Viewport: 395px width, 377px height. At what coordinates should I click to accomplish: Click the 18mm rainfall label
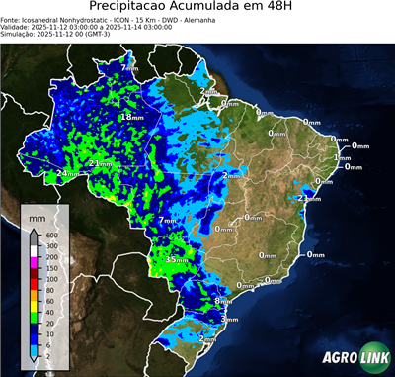(x=131, y=117)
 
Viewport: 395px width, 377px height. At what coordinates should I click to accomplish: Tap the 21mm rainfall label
(x=100, y=163)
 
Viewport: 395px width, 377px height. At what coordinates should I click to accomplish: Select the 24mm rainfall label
(x=66, y=174)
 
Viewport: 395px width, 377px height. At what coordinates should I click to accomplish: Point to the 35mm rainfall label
(x=176, y=259)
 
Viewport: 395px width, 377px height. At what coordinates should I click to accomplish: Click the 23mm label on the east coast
(x=309, y=198)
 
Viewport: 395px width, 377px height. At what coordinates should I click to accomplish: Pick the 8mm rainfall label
(x=223, y=301)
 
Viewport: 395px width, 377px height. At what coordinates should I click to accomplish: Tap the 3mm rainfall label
(x=230, y=319)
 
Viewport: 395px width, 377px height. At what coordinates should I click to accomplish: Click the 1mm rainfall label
(x=343, y=158)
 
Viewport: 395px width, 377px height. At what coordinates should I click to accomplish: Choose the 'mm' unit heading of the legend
(x=38, y=216)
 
